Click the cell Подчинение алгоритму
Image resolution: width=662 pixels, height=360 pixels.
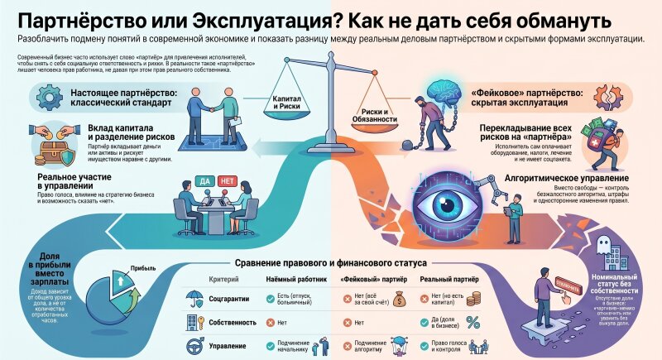[x=359, y=347]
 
